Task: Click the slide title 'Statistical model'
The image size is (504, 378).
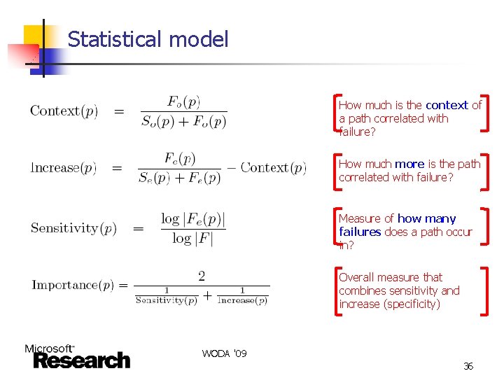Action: [148, 39]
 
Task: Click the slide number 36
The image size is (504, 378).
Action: [468, 366]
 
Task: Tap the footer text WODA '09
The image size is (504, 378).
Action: [224, 353]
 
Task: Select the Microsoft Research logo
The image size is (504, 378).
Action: [77, 356]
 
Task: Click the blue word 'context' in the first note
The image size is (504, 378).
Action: [447, 105]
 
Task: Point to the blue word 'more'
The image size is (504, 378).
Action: [410, 164]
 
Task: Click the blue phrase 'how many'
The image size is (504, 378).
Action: [426, 218]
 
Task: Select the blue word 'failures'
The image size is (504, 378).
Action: [360, 232]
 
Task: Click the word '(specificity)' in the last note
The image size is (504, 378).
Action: [412, 304]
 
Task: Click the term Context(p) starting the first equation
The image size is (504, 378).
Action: [64, 111]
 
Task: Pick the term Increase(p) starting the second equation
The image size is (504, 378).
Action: [64, 168]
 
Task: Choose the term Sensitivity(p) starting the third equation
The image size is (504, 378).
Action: [73, 228]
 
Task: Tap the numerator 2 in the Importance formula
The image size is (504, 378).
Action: [202, 276]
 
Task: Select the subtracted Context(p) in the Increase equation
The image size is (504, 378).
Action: [273, 168]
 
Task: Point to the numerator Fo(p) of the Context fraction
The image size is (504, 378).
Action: [184, 101]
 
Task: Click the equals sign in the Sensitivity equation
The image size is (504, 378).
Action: [139, 228]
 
